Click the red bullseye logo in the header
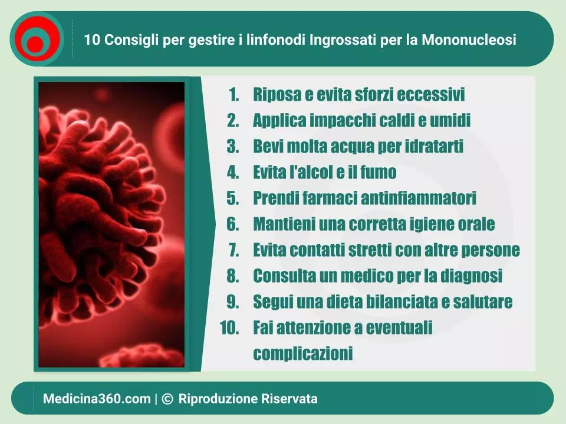click(x=37, y=39)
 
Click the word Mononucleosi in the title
click(x=469, y=39)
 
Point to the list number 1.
click(x=234, y=94)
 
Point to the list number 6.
click(x=233, y=224)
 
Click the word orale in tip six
click(x=476, y=224)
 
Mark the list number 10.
click(x=229, y=328)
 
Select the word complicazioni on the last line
click(x=303, y=353)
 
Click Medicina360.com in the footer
click(x=97, y=399)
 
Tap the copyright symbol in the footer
click(x=167, y=399)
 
